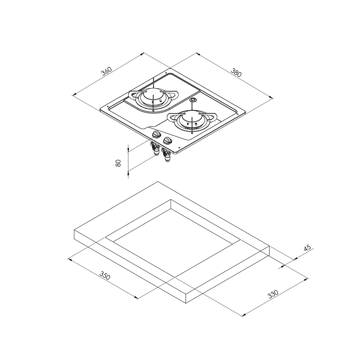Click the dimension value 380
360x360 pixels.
(x=237, y=72)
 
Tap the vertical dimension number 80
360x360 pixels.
(x=119, y=163)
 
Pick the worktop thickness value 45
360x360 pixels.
(x=308, y=248)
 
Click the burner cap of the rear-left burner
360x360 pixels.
(x=153, y=96)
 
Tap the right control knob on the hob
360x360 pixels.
(x=169, y=141)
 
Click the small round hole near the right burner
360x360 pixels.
(x=193, y=99)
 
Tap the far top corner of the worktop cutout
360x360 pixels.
(x=171, y=199)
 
